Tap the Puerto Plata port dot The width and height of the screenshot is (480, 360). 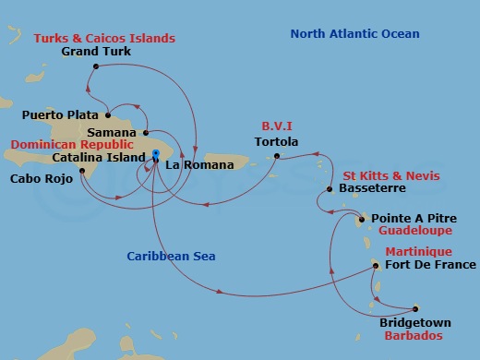[108, 116]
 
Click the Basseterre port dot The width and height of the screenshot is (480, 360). [330, 190]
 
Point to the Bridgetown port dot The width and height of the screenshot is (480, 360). [415, 308]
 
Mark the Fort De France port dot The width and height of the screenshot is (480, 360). [376, 266]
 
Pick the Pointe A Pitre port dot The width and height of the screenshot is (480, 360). [363, 220]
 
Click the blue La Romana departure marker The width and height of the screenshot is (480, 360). [157, 153]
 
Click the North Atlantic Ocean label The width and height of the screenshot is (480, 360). [354, 34]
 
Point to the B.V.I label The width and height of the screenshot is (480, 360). [276, 126]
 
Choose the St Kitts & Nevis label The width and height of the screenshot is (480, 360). [391, 176]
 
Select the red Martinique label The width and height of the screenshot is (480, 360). [418, 252]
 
